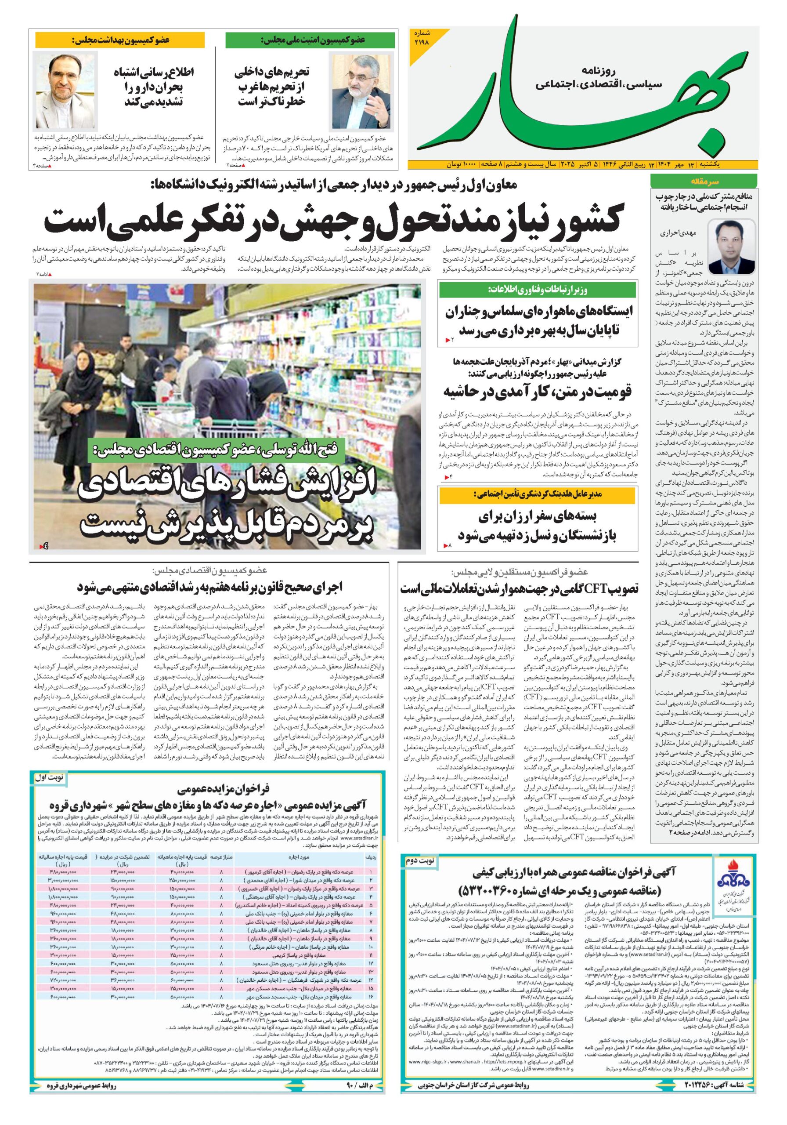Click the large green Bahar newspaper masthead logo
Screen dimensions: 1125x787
(578, 93)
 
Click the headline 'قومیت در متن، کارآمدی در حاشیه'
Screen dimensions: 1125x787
(538, 391)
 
